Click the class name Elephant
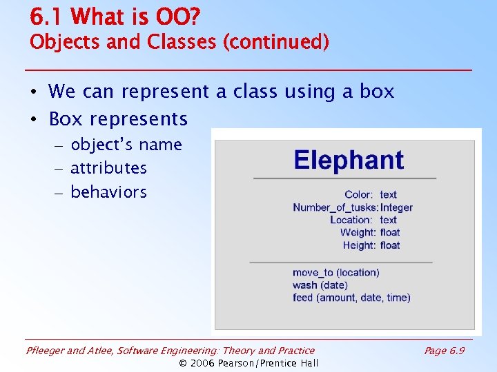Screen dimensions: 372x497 click(x=349, y=161)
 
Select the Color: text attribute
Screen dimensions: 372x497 click(x=371, y=195)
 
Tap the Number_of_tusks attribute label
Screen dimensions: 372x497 click(x=335, y=207)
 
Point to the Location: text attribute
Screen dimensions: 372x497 click(x=363, y=220)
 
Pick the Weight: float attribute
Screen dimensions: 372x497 click(x=370, y=233)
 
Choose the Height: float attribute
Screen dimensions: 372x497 click(x=371, y=245)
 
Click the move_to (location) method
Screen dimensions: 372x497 click(x=335, y=273)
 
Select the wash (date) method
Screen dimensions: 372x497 click(x=320, y=285)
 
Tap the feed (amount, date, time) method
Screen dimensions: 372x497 click(x=351, y=298)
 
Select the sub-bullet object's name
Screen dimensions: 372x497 click(x=126, y=145)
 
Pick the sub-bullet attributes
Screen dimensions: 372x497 click(x=108, y=168)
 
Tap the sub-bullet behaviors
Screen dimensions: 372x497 click(x=108, y=192)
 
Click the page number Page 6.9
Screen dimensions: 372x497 click(x=444, y=351)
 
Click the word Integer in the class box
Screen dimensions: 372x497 click(x=396, y=207)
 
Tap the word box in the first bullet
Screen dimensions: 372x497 click(x=377, y=92)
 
